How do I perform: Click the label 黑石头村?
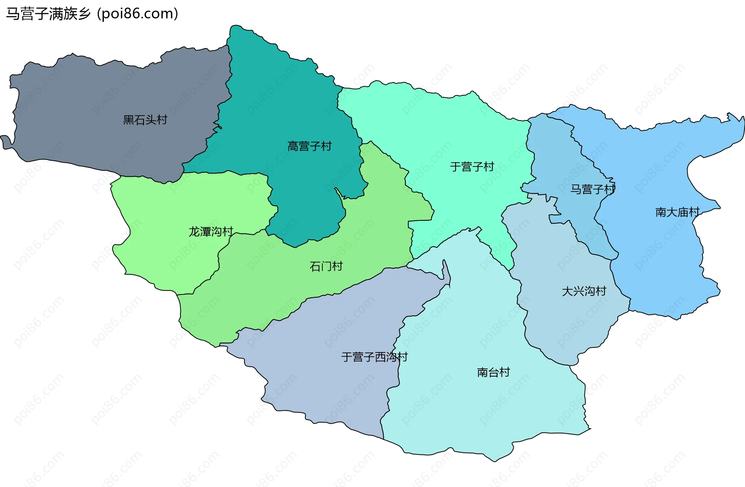tap(145, 120)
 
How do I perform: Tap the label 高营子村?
tap(309, 146)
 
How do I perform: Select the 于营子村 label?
tap(472, 167)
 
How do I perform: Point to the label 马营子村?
tap(593, 189)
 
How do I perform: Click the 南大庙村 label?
tap(677, 212)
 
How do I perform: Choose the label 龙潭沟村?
tap(211, 231)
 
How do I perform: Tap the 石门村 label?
tap(326, 266)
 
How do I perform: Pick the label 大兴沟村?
tap(584, 291)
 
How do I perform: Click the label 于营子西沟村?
tap(374, 357)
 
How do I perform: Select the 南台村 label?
tap(493, 372)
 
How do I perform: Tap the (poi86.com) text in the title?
tap(138, 14)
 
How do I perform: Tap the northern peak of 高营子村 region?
tap(235, 27)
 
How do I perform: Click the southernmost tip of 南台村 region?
tap(495, 461)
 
